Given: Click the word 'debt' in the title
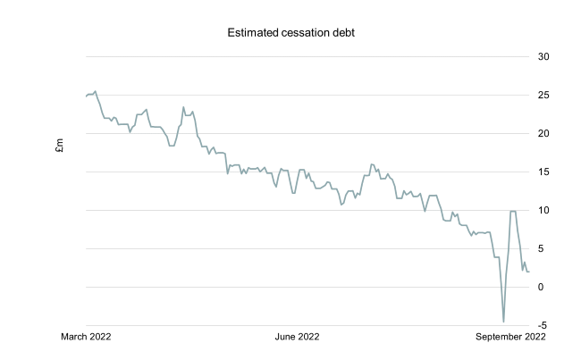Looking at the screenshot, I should (335, 34).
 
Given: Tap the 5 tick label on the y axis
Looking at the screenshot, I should (541, 248).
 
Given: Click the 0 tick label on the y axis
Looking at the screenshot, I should (541, 287).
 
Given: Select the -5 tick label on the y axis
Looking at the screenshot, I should (542, 325).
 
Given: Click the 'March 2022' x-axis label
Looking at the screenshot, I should (87, 337).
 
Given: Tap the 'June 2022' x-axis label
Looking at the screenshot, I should (297, 337).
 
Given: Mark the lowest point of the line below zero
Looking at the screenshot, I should (503, 322).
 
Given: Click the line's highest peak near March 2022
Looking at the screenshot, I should (96, 91).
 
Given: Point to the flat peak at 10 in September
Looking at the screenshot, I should (513, 211).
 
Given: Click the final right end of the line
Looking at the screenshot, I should (528, 272).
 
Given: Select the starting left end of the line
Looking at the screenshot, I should (86, 96).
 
